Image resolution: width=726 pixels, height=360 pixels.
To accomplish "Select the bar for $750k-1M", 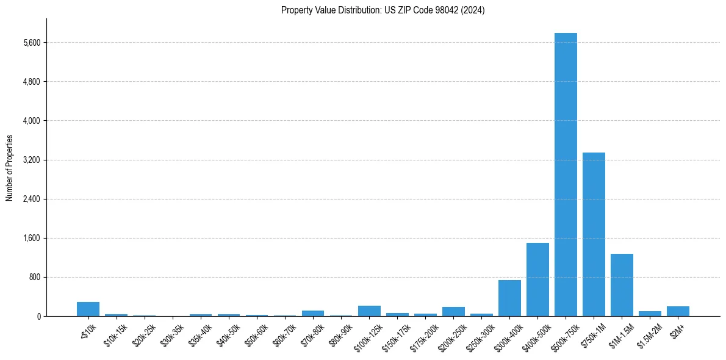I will point(594,234).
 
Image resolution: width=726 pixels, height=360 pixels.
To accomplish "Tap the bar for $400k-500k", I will point(537,279).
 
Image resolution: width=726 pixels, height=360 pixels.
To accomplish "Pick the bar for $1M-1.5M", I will point(622,285).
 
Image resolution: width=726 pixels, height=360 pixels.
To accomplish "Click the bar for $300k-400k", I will point(509,298).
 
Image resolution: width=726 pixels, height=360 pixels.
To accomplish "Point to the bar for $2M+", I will point(678,311).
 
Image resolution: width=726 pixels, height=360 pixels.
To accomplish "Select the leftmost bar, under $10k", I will point(88,309).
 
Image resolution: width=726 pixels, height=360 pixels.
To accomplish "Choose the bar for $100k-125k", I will point(369,311).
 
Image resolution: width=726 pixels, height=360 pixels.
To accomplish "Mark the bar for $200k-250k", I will point(453,312).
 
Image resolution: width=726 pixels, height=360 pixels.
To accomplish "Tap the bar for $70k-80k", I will point(313,314).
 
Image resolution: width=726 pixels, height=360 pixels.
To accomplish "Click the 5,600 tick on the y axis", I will point(31,43).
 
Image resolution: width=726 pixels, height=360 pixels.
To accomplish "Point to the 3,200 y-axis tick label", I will point(31,160).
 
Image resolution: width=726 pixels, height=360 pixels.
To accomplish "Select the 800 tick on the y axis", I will point(34,277).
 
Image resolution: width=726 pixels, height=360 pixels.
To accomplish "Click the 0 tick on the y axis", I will point(38,316).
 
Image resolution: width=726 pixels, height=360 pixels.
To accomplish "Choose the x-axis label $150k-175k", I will point(395,336).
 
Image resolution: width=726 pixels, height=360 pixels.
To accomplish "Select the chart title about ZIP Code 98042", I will point(383,10).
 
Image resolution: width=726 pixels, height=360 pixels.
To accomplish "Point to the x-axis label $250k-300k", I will point(480,336).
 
